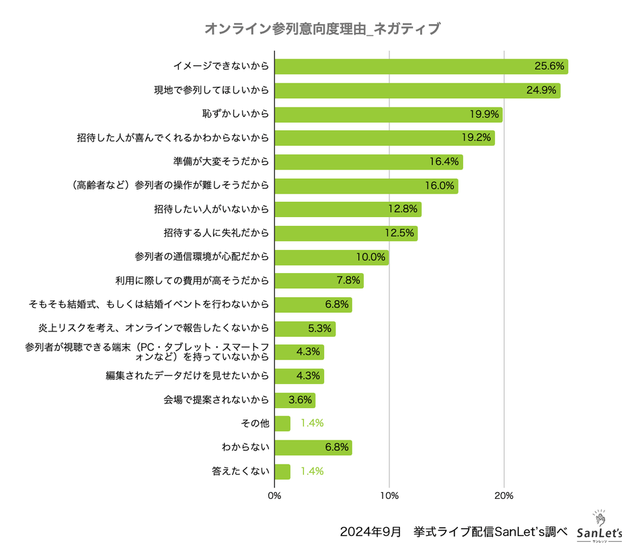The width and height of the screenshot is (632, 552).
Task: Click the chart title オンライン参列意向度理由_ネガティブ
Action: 322,29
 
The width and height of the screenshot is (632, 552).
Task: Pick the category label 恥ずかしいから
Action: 226,114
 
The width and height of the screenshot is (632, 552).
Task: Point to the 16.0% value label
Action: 440,186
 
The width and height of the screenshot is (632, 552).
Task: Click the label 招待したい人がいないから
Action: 211,210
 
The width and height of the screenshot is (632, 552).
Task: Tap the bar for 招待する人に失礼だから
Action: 346,233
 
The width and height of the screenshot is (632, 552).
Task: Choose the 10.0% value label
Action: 370,258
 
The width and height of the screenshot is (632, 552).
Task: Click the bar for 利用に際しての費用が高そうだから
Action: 319,281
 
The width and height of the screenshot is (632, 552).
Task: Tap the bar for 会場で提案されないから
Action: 294,400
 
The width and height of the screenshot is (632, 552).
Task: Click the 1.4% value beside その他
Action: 313,424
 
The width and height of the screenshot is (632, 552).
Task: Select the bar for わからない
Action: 313,448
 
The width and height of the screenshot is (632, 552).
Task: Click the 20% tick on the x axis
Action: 504,496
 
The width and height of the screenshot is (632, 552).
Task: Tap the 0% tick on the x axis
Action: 274,496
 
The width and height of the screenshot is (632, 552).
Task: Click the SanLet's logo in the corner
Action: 600,527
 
